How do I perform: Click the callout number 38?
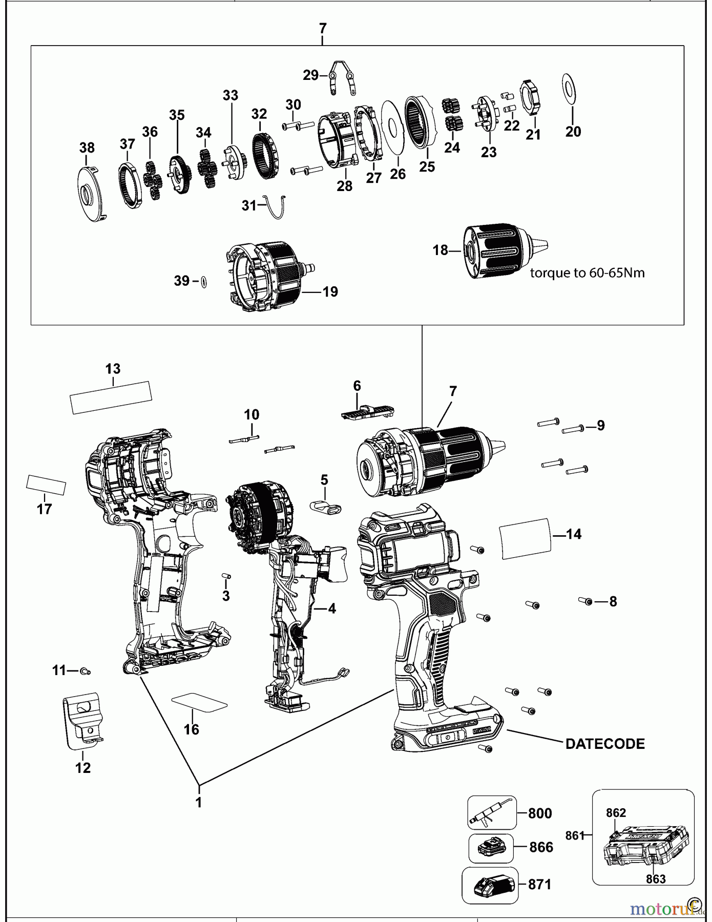[x=87, y=148]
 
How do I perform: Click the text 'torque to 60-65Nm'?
[x=587, y=273]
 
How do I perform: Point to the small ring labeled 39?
[x=204, y=281]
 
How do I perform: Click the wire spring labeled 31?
[x=274, y=206]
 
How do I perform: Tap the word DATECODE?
[x=605, y=744]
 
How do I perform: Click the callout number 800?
[x=539, y=813]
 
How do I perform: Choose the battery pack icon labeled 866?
[x=491, y=848]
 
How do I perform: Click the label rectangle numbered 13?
[x=111, y=397]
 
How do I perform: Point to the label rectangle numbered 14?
[x=525, y=538]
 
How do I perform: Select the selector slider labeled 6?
[x=367, y=411]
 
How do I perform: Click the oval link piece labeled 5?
[x=326, y=508]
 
